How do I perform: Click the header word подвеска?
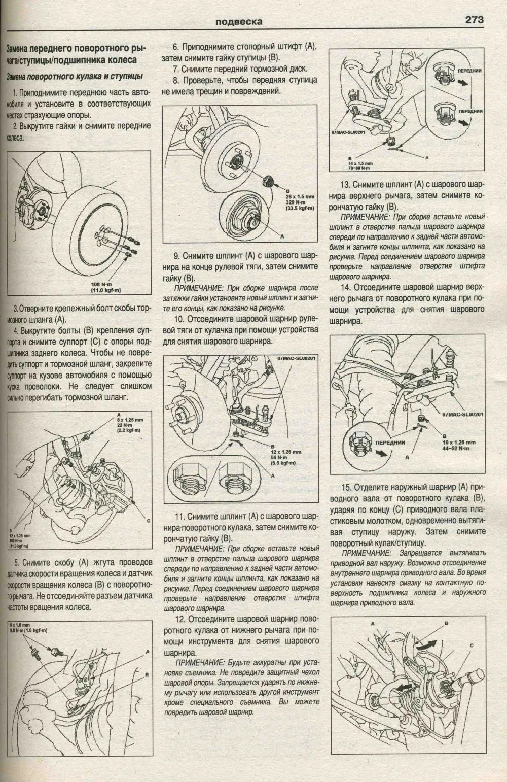point(238,22)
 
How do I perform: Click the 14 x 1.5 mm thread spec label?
point(360,163)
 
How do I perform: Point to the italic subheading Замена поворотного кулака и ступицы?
point(74,76)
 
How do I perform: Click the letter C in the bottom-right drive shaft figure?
point(471,645)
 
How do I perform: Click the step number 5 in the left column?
point(17,562)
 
